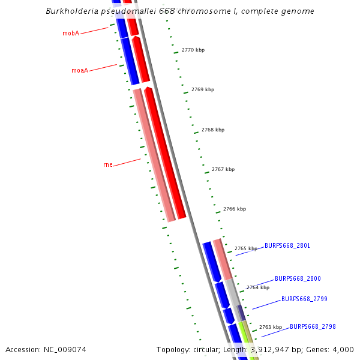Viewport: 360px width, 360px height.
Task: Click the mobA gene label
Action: (71, 34)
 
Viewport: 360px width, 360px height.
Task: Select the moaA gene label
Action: (80, 70)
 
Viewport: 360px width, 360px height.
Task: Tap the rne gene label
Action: (108, 164)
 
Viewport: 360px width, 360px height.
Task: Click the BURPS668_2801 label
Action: (287, 245)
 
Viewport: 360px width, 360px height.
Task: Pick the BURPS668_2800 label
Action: (298, 278)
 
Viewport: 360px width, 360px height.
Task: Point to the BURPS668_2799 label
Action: (304, 299)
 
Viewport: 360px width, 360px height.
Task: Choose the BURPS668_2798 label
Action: (313, 326)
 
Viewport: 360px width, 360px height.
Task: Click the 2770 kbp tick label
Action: (193, 50)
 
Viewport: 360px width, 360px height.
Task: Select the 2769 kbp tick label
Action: (203, 89)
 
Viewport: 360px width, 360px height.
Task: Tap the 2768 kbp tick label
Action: (213, 130)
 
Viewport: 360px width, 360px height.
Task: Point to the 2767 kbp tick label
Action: (223, 169)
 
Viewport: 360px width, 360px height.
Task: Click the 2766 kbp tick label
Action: (235, 209)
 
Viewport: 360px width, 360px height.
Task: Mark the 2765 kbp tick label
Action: (246, 248)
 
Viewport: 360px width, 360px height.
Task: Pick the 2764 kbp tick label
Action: (258, 287)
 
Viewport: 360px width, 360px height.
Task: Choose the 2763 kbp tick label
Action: (271, 327)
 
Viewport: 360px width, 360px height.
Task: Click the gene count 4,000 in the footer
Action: (343, 349)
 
